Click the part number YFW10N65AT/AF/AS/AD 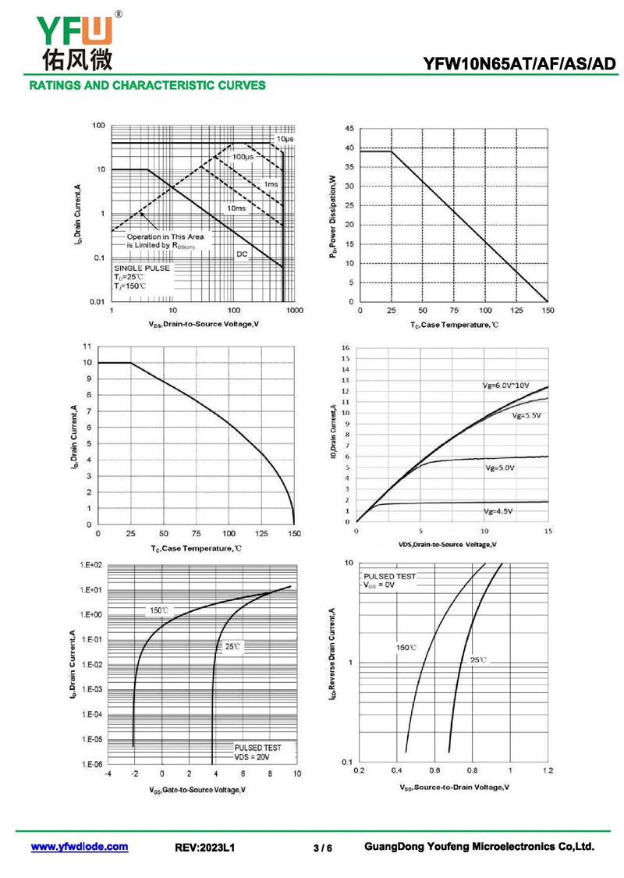click(519, 65)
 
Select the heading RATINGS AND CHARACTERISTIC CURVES click(147, 85)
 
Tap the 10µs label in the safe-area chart click(284, 139)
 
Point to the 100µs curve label click(243, 158)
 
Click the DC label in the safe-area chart click(243, 254)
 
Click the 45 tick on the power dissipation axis click(349, 128)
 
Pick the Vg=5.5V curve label click(526, 416)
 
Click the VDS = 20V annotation click(252, 757)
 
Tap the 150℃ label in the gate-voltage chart click(158, 610)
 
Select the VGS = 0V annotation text click(380, 585)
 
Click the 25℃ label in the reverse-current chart click(478, 660)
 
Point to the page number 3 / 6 click(322, 848)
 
